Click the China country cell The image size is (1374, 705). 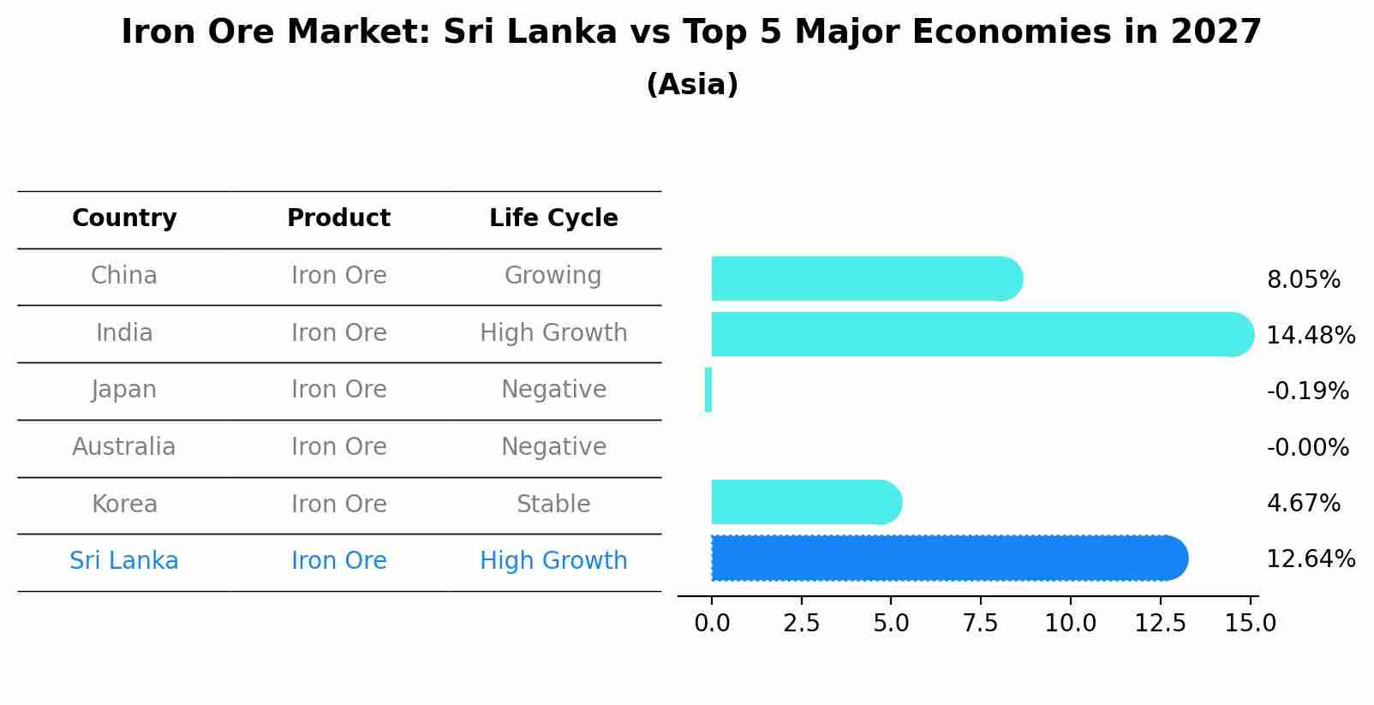124,276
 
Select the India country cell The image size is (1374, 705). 124,332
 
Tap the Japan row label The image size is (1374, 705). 124,390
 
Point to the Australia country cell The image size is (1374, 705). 124,447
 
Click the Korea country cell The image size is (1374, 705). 124,504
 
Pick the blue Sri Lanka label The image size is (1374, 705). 124,561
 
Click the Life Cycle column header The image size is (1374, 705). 553,218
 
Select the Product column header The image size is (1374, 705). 338,218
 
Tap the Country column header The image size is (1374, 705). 124,218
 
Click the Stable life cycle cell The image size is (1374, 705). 553,504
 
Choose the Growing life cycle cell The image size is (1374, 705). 553,276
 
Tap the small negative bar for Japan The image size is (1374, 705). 708,390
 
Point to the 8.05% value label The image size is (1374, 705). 1303,280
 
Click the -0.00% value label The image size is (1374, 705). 1307,448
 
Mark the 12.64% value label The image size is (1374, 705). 1311,559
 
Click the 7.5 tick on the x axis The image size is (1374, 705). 981,623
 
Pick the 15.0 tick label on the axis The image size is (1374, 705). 1250,623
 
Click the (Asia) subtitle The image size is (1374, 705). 692,85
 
